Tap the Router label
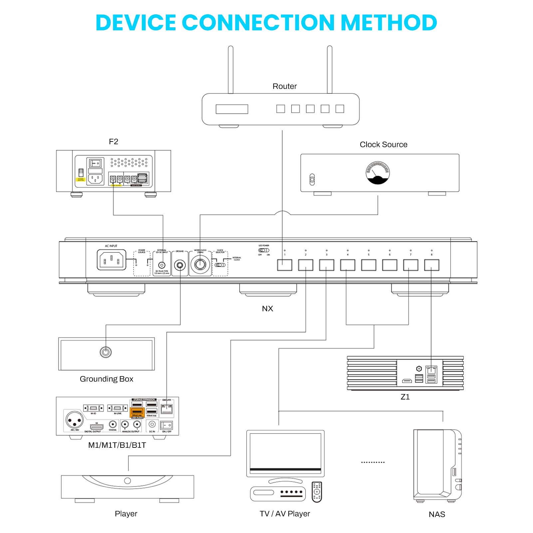pyautogui.click(x=284, y=86)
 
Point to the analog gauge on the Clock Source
pyautogui.click(x=378, y=173)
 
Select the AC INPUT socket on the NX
pyautogui.click(x=112, y=260)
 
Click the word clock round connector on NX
pyautogui.click(x=200, y=264)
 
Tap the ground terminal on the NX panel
pyautogui.click(x=180, y=265)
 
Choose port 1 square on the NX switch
pyautogui.click(x=285, y=265)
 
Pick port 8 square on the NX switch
pyautogui.click(x=431, y=265)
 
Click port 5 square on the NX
pyautogui.click(x=369, y=265)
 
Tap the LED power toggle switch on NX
pyautogui.click(x=263, y=250)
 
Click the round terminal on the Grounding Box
pyautogui.click(x=106, y=352)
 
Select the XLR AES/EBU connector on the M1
pyautogui.click(x=74, y=420)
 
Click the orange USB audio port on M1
pyautogui.click(x=137, y=412)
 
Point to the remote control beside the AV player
pyautogui.click(x=317, y=492)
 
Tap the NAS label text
pyautogui.click(x=436, y=514)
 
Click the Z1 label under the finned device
pyautogui.click(x=405, y=397)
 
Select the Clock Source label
pyautogui.click(x=383, y=144)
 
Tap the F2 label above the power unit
pyautogui.click(x=114, y=141)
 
